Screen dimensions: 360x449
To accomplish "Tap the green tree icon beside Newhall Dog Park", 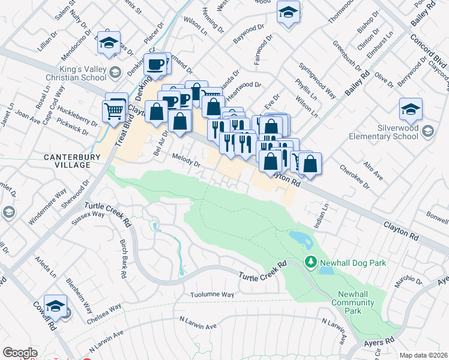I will (310, 262).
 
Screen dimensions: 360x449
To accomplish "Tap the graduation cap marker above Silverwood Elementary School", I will (411, 109).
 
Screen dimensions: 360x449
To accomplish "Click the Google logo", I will (20, 353).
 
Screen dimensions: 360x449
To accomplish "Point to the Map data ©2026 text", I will (424, 355).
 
